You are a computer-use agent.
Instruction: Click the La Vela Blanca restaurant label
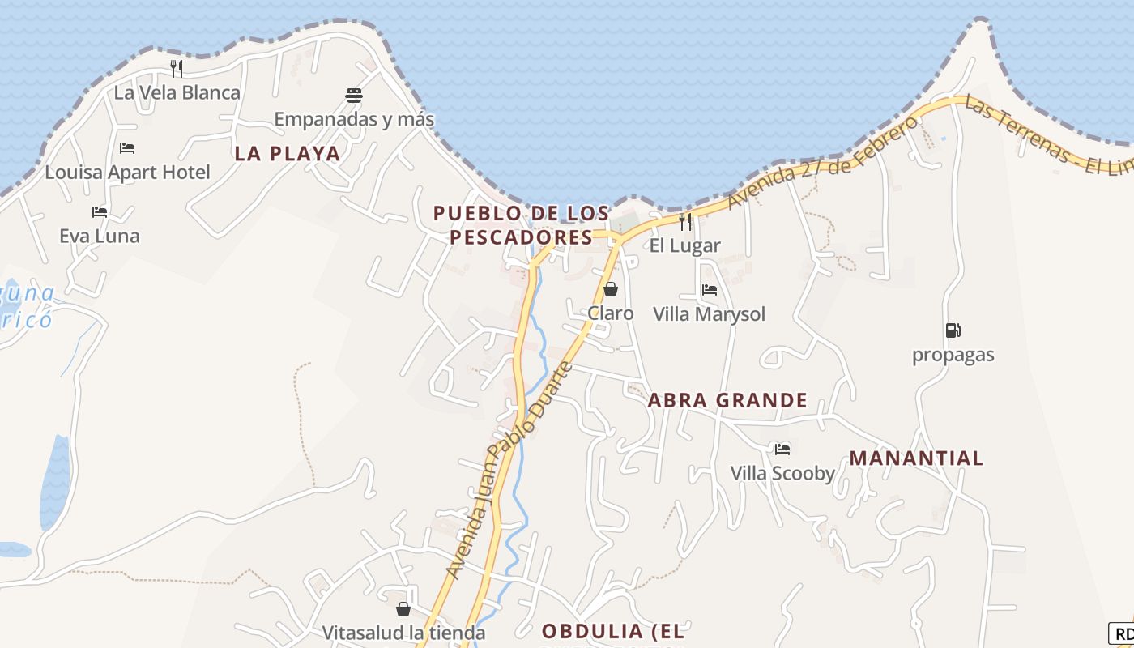(177, 92)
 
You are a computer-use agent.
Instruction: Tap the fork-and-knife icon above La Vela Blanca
(177, 69)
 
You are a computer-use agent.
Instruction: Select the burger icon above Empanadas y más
(354, 96)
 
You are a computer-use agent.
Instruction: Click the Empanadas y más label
(354, 120)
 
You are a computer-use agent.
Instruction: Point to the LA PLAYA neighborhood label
(288, 154)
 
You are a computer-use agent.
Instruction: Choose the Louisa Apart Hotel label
(127, 172)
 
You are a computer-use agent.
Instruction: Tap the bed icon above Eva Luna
(100, 212)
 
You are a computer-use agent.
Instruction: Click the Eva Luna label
(100, 236)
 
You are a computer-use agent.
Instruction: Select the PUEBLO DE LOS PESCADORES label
(521, 225)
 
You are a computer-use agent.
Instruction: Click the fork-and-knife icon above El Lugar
(685, 221)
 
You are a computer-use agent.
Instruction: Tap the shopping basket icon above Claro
(611, 289)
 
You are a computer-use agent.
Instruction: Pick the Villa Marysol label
(709, 314)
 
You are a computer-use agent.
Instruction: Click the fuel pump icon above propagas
(953, 330)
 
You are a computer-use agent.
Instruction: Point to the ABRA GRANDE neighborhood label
(727, 400)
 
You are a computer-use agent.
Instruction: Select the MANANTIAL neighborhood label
(916, 458)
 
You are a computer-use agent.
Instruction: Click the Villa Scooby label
(782, 473)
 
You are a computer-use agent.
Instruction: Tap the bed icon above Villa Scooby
(782, 449)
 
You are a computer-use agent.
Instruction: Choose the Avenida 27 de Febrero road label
(823, 163)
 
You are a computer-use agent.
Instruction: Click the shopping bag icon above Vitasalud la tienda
(403, 609)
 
